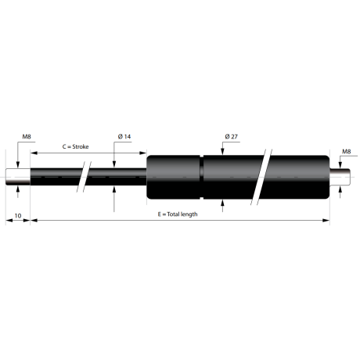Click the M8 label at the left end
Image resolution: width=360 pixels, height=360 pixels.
(27, 136)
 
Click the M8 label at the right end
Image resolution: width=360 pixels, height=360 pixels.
(347, 151)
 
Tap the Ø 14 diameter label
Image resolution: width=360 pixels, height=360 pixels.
(124, 136)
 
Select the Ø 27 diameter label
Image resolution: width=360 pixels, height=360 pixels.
(232, 136)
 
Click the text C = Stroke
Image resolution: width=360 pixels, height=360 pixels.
(75, 146)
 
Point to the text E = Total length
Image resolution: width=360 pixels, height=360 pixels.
(178, 214)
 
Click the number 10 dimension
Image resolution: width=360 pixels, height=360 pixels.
(18, 216)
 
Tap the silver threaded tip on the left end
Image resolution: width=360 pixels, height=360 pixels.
(18, 177)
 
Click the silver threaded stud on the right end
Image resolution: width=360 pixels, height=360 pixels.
(340, 177)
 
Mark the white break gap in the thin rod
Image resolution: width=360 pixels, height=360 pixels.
(84, 177)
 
